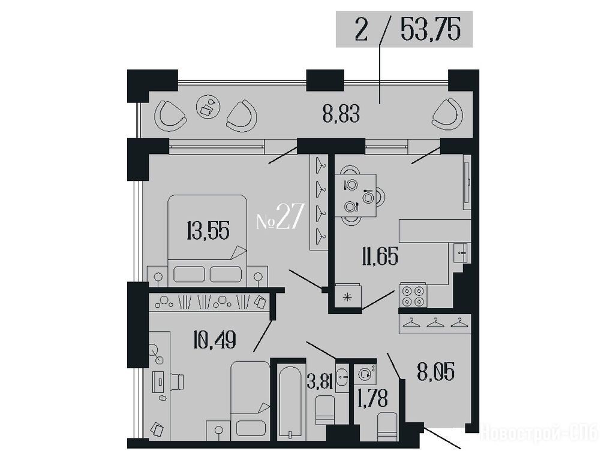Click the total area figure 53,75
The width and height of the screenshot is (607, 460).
tap(431, 30)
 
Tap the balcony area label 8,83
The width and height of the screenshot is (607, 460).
tap(341, 114)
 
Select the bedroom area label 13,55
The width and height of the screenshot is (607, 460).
tap(208, 231)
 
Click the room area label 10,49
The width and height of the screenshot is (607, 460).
tap(214, 340)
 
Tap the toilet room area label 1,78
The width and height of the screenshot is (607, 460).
tap(374, 398)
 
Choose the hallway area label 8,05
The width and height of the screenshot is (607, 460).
tap(435, 371)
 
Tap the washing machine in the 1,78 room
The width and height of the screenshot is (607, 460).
tap(365, 374)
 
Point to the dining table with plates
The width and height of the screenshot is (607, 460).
tap(355, 195)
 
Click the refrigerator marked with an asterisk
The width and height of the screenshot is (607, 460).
tap(348, 297)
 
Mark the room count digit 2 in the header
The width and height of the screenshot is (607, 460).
tap(360, 30)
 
